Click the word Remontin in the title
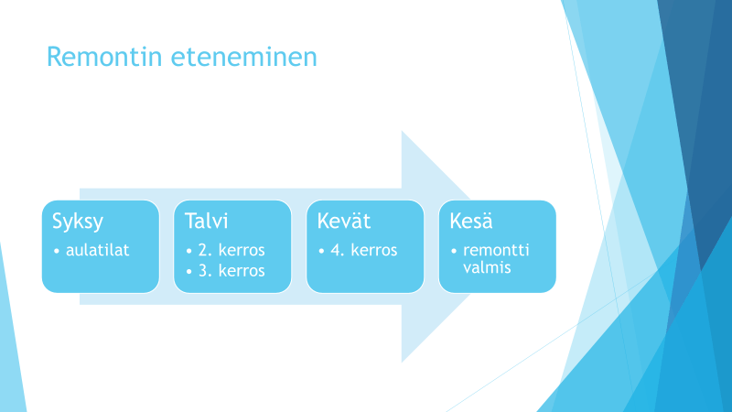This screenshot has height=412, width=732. tap(104, 57)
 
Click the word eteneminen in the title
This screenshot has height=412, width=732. tap(244, 57)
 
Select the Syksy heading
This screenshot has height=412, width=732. tap(78, 222)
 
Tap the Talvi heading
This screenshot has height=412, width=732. tap(207, 221)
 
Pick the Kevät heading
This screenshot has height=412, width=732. tap(344, 221)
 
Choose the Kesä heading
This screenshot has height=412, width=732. tap(471, 221)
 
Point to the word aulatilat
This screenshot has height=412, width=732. tap(98, 250)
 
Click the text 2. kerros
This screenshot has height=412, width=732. tap(231, 250)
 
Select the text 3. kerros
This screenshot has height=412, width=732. tap(231, 270)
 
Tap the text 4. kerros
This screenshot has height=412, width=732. tap(364, 250)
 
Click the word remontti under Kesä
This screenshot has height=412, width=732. tap(496, 250)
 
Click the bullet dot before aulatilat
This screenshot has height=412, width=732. tap(57, 251)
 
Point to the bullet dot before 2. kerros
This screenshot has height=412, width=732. tap(189, 251)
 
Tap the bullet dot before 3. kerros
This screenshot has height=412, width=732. tap(189, 272)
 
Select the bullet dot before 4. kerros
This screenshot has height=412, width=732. tap(321, 251)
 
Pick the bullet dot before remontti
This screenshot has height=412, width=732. tap(454, 251)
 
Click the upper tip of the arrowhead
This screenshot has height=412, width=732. tap(402, 131)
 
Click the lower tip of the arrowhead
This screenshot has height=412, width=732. tap(402, 362)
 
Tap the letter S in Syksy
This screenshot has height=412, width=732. tap(58, 221)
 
